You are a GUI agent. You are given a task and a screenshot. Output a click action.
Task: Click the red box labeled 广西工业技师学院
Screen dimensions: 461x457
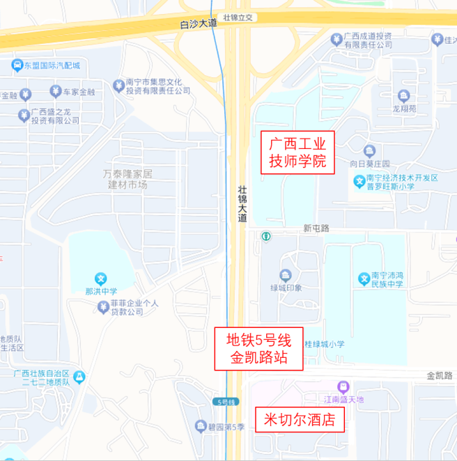tap(297, 153)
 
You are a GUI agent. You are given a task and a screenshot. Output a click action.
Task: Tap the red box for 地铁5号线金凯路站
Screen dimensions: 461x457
tap(258, 350)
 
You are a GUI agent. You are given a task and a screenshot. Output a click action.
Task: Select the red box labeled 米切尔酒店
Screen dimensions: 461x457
tap(300, 420)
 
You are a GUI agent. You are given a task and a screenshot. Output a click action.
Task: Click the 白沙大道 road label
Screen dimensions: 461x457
tap(199, 24)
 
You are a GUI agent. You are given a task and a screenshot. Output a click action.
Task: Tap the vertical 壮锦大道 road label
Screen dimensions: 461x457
tap(242, 203)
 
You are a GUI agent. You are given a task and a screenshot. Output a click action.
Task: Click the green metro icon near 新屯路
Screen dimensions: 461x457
tap(265, 236)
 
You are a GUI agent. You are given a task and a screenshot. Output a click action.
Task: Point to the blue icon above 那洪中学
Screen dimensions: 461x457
tap(101, 279)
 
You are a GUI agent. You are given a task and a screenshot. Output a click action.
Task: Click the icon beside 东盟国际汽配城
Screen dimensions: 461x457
tap(15, 66)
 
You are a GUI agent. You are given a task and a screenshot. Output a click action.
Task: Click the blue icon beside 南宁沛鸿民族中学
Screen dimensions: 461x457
tap(363, 279)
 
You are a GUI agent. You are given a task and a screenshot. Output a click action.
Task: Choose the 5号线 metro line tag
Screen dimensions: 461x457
tap(227, 402)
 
